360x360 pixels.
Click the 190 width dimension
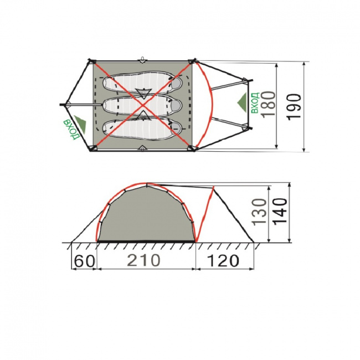tap(294, 107)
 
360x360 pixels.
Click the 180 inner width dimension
tap(269, 105)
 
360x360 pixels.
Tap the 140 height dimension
tap(280, 211)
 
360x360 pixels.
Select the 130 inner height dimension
tap(260, 212)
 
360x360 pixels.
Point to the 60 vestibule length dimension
tap(85, 261)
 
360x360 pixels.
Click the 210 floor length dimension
tap(143, 260)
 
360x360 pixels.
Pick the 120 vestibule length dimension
tap(223, 261)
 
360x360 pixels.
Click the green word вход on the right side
tap(255, 103)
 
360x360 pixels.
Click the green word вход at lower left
tap(71, 129)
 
